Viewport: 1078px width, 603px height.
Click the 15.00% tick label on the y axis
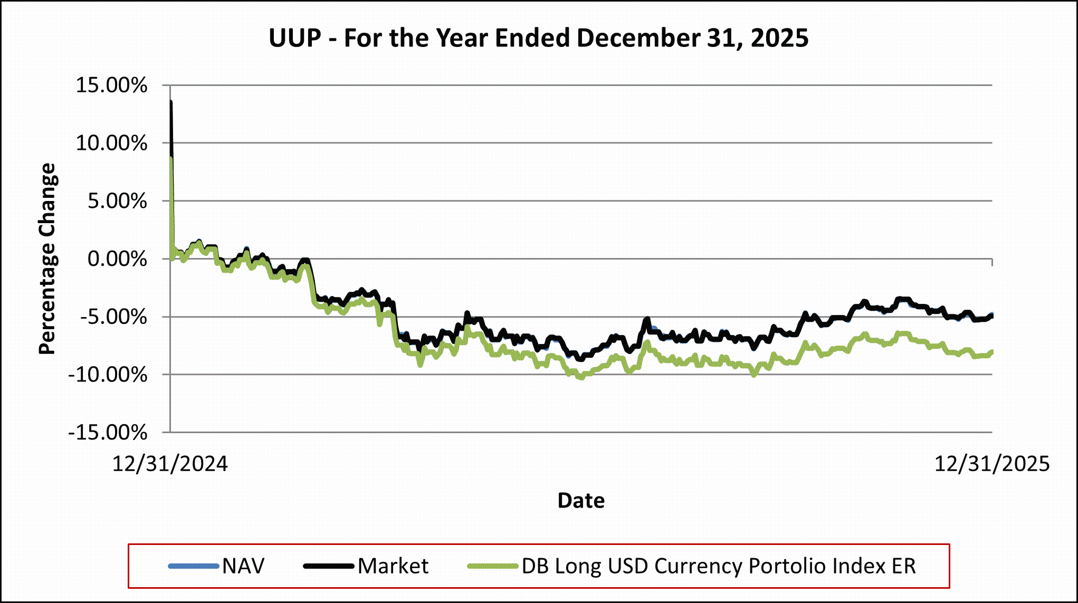[111, 85]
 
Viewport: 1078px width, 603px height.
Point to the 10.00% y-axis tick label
[111, 143]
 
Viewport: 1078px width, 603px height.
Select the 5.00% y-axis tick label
[117, 201]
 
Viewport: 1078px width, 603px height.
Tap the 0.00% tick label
[117, 259]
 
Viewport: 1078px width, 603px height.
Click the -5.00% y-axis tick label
[113, 317]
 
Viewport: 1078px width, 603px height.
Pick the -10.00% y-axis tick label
[108, 375]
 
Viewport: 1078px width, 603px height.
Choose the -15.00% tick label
[108, 433]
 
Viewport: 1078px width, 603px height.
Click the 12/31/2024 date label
[170, 464]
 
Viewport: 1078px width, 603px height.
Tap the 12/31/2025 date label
[992, 464]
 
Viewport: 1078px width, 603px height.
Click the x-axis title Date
[581, 500]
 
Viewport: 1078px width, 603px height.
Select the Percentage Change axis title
[47, 259]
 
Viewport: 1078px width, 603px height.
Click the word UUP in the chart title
[295, 38]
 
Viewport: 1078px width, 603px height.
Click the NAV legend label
[243, 566]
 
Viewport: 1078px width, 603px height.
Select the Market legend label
[393, 566]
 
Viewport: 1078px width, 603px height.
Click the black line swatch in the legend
[328, 566]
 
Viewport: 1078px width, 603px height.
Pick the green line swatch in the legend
[493, 566]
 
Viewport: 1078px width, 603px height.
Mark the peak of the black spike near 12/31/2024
[171, 101]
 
